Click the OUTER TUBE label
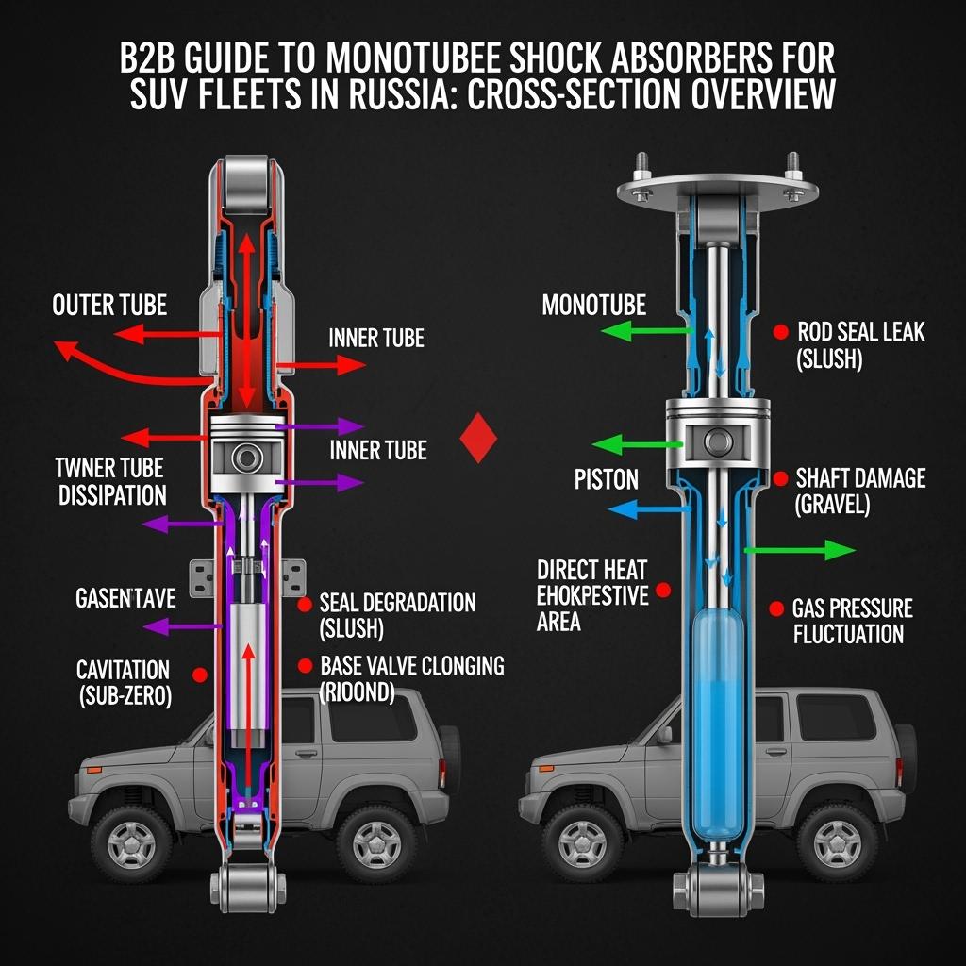[x=109, y=305]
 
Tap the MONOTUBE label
[x=593, y=305]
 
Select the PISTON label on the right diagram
[x=607, y=479]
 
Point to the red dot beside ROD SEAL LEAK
[x=780, y=331]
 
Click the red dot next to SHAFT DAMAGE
[x=779, y=479]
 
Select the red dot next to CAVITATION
[x=199, y=675]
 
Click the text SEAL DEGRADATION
[x=397, y=603]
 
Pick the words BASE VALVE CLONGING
[x=412, y=665]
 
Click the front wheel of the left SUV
[x=131, y=837]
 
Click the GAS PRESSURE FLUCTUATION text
[x=852, y=620]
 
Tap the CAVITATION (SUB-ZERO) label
[x=124, y=684]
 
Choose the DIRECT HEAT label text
[x=591, y=569]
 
